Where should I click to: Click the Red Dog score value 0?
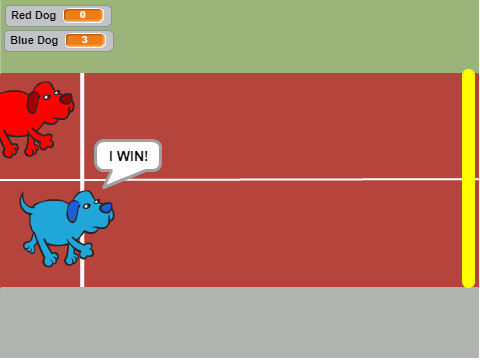point(83,15)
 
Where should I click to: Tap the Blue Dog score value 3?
point(85,40)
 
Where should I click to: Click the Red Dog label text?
point(34,16)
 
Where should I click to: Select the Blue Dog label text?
point(34,41)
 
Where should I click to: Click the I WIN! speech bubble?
point(128,156)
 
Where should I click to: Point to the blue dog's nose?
point(106,208)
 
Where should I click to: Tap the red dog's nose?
point(66,99)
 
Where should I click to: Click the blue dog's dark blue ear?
point(73,211)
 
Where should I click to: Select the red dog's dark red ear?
point(33,102)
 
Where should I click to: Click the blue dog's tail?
point(26,204)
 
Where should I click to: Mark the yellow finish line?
point(468,178)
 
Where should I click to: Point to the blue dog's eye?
point(86,206)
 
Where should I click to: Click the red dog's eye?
point(46,97)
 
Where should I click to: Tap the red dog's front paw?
point(46,142)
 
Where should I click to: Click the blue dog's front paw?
point(86,251)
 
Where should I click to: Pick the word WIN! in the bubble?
point(132,156)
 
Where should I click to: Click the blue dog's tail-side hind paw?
point(30,247)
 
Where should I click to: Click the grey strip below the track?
point(240,323)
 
